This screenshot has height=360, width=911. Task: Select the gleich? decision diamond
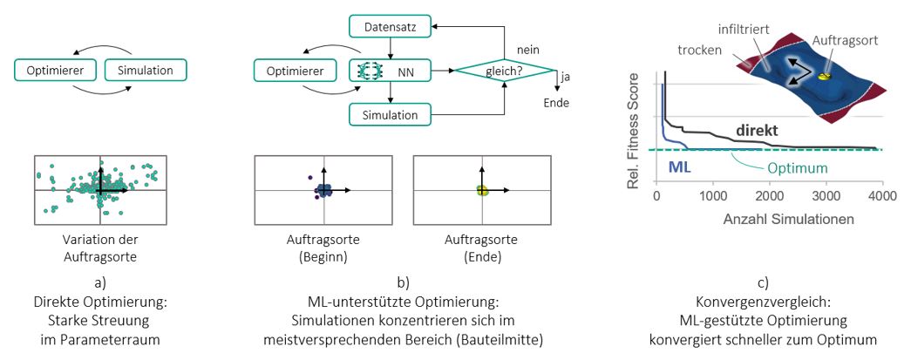[505, 70]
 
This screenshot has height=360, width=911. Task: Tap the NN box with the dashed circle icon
[392, 70]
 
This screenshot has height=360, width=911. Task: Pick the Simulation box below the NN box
[391, 113]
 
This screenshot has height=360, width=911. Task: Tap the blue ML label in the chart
[678, 164]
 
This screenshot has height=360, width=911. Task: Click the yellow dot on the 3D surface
[826, 77]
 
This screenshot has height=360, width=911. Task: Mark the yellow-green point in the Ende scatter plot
[480, 190]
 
